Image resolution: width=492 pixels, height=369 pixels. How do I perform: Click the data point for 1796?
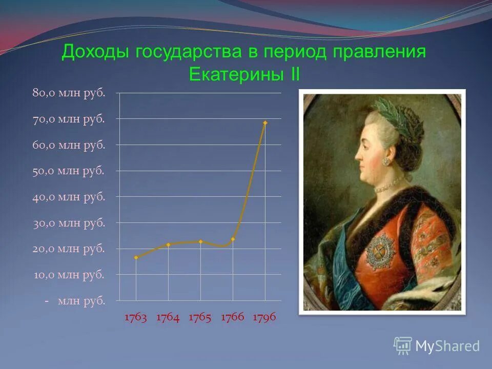click(265, 123)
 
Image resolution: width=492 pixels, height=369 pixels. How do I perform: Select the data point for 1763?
click(136, 257)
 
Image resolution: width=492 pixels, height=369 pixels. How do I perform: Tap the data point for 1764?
click(168, 244)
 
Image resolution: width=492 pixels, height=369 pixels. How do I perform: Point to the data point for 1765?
click(200, 241)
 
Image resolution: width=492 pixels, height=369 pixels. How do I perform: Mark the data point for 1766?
click(233, 239)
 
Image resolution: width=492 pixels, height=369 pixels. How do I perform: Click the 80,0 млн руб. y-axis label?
click(69, 93)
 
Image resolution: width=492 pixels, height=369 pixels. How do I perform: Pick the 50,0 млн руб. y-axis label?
click(69, 171)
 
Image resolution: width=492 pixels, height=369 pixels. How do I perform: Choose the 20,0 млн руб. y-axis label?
click(69, 249)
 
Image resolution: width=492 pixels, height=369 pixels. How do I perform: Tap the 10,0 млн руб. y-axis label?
click(69, 275)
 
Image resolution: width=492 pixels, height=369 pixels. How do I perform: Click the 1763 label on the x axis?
click(136, 318)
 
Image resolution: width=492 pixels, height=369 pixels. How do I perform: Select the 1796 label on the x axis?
click(264, 318)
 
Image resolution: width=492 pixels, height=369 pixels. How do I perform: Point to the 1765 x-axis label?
click(200, 318)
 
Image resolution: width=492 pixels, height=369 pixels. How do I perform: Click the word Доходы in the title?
click(96, 52)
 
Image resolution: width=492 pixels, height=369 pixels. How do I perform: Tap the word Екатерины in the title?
click(235, 75)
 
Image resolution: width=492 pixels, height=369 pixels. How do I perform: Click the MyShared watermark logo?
click(437, 345)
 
